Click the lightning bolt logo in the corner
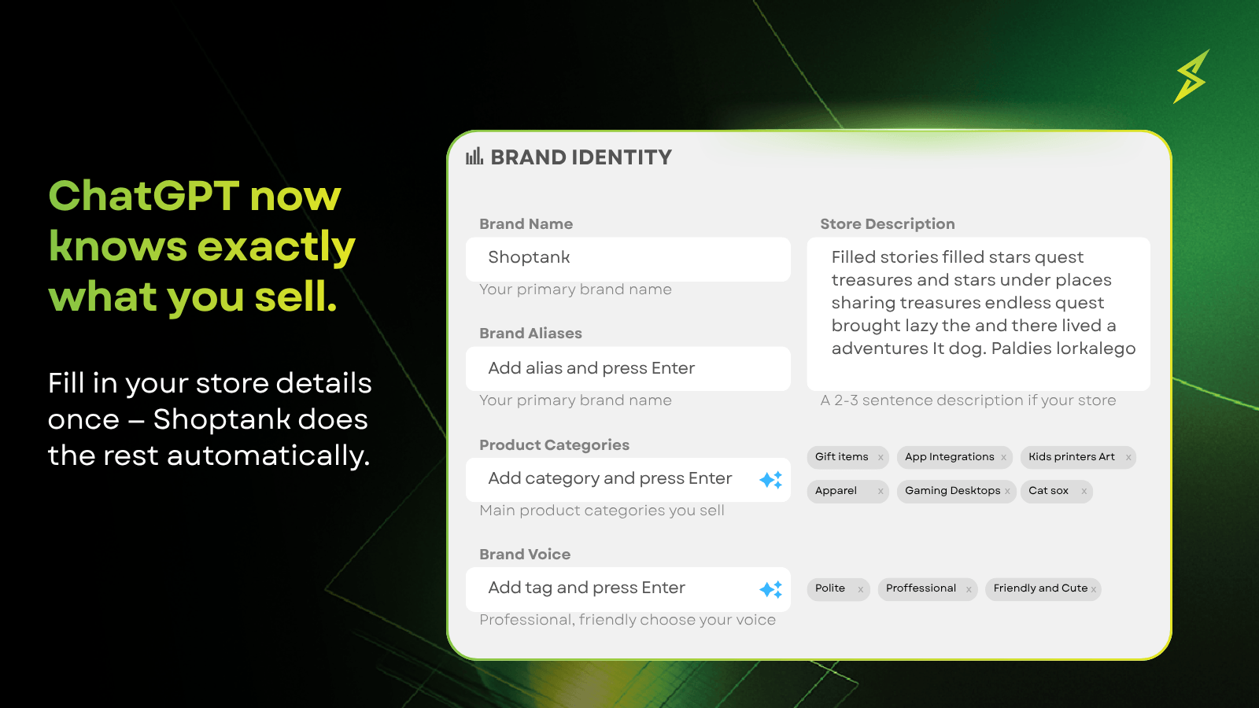tap(1192, 76)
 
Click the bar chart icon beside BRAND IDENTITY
tap(474, 157)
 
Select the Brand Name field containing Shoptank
tap(628, 259)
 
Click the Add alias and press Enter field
tap(628, 369)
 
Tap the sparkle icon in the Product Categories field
tap(770, 479)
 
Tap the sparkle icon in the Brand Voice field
tap(770, 589)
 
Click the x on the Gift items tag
tap(881, 457)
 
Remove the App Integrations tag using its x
tap(1003, 457)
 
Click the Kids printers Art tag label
tap(1071, 457)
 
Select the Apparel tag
tap(847, 491)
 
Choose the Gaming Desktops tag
tap(957, 491)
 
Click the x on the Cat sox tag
tap(1084, 492)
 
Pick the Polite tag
tap(838, 589)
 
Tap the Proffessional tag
tap(928, 589)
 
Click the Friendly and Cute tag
tap(1043, 589)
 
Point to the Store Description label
tap(888, 223)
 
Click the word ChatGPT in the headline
tap(144, 196)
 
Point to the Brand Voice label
tap(525, 554)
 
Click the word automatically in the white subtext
tap(268, 456)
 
